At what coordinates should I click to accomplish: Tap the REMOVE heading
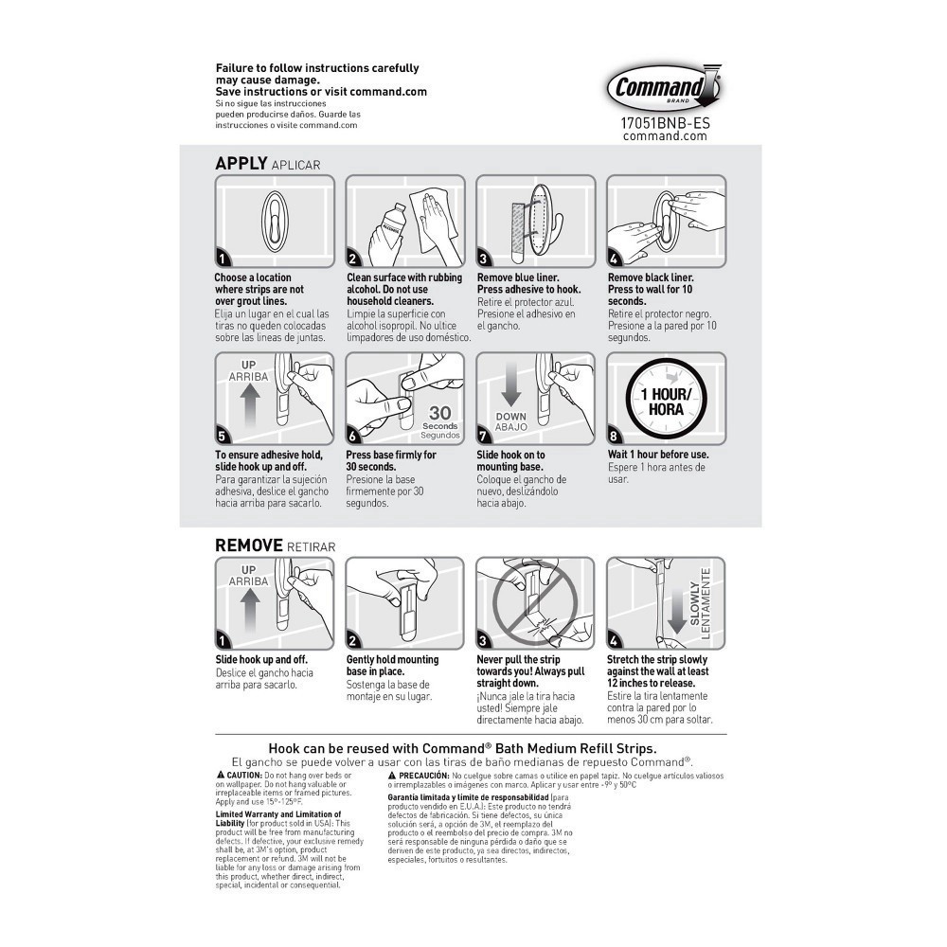tap(249, 545)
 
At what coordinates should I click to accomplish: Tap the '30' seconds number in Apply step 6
tap(439, 413)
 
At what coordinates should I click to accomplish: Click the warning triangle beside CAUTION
tap(220, 776)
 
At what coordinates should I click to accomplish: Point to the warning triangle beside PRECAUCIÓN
tap(391, 776)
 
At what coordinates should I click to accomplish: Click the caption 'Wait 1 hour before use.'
tap(658, 455)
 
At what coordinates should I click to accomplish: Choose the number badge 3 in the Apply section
tap(484, 259)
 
